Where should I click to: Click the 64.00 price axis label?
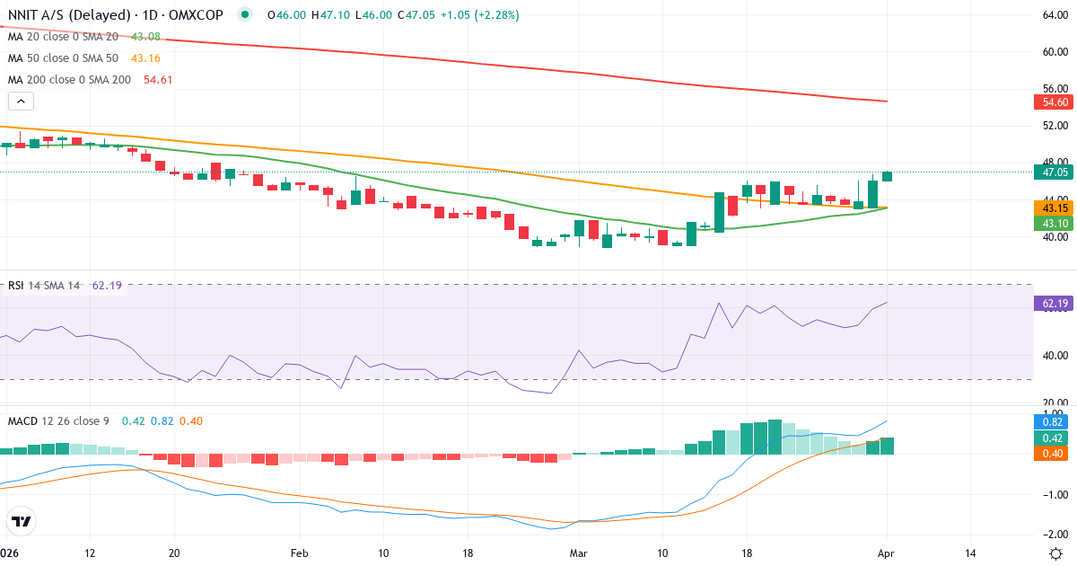(x=1055, y=15)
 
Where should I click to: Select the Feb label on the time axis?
(x=299, y=553)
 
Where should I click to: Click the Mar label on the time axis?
(x=580, y=553)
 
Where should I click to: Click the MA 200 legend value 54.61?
(x=158, y=79)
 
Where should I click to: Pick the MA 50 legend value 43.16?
(x=144, y=57)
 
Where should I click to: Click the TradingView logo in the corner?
(x=22, y=520)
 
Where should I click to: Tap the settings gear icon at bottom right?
(x=1056, y=553)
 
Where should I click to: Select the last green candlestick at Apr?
(x=887, y=176)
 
